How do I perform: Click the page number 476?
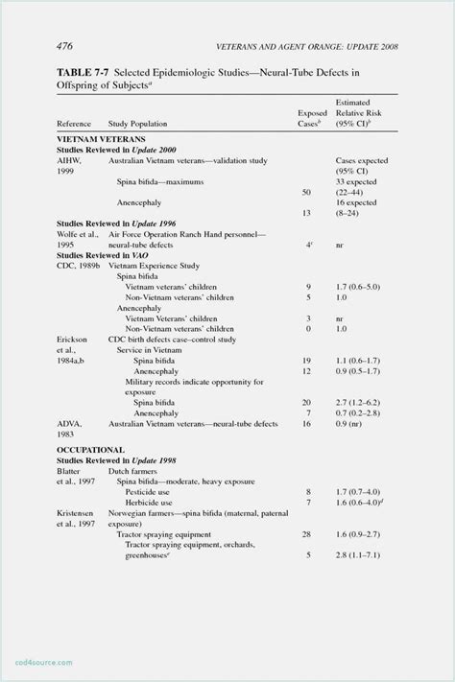click(65, 46)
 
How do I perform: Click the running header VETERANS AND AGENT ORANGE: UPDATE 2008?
click(307, 47)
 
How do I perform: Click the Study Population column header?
click(137, 124)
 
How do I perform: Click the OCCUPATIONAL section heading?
click(91, 449)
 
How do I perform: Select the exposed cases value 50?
click(307, 192)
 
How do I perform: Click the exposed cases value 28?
click(307, 533)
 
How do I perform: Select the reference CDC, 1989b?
click(78, 265)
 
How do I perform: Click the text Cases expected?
click(362, 160)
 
